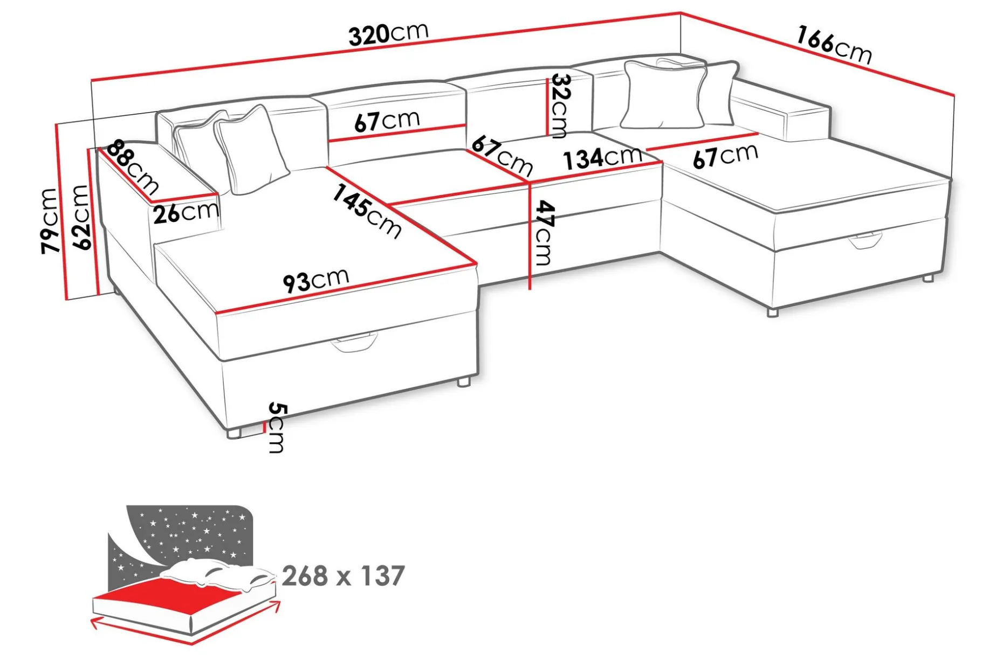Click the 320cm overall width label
pyautogui.click(x=388, y=34)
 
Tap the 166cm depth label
pyautogui.click(x=834, y=45)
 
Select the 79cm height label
pyautogui.click(x=49, y=220)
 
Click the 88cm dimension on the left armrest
pyautogui.click(x=132, y=168)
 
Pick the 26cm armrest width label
pyautogui.click(x=186, y=212)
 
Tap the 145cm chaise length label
pyautogui.click(x=367, y=211)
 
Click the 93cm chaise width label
pyautogui.click(x=316, y=280)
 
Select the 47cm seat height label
pyautogui.click(x=544, y=233)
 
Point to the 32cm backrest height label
pyautogui.click(x=560, y=106)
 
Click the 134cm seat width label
pyautogui.click(x=602, y=157)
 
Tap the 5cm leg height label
pyautogui.click(x=276, y=428)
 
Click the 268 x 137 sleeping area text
pyautogui.click(x=343, y=575)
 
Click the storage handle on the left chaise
pyautogui.click(x=354, y=343)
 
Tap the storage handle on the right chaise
pyautogui.click(x=866, y=240)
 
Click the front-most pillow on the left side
pyautogui.click(x=251, y=150)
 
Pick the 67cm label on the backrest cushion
pyautogui.click(x=387, y=121)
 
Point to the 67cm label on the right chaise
pyautogui.click(x=725, y=156)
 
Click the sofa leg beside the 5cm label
pyautogui.click(x=234, y=433)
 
